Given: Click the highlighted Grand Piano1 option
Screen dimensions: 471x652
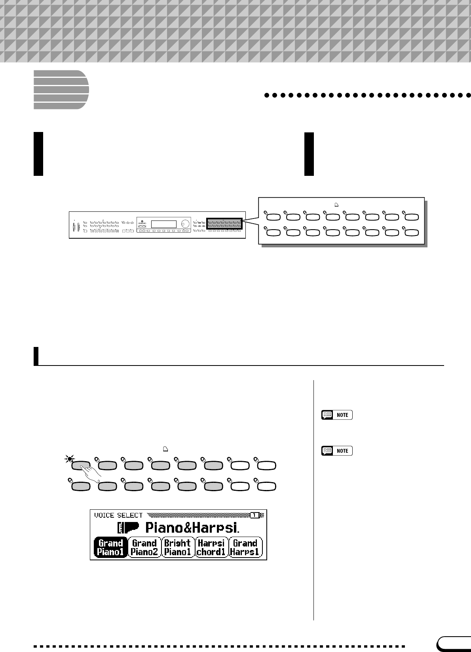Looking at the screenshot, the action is pyautogui.click(x=111, y=547).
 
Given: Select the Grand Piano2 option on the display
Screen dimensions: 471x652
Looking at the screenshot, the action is pyautogui.click(x=144, y=547).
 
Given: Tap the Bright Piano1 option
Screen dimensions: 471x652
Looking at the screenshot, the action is pyautogui.click(x=178, y=547).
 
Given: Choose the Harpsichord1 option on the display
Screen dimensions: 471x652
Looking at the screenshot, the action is pyautogui.click(x=211, y=547).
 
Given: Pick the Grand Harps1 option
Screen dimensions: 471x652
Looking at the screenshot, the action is pyautogui.click(x=245, y=547).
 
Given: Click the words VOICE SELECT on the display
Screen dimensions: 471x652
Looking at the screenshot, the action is pyautogui.click(x=118, y=515).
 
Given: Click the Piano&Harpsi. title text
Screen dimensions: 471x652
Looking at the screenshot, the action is pyautogui.click(x=192, y=528).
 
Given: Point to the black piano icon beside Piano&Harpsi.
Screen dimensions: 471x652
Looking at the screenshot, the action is pyautogui.click(x=129, y=528).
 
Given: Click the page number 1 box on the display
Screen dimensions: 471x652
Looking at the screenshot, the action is pyautogui.click(x=255, y=515).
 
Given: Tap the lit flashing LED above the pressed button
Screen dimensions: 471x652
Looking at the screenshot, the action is pyautogui.click(x=70, y=459).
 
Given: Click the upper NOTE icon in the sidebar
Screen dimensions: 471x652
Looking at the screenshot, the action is pyautogui.click(x=337, y=415).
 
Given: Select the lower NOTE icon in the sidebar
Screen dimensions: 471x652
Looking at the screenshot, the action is pyautogui.click(x=337, y=451).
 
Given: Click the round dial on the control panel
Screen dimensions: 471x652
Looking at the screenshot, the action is pyautogui.click(x=185, y=224).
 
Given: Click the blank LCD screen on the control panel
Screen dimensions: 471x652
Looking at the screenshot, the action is pyautogui.click(x=163, y=224).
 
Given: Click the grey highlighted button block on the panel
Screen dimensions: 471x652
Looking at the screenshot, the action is pyautogui.click(x=224, y=223).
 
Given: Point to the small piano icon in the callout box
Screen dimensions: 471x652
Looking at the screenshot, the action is pyautogui.click(x=336, y=205).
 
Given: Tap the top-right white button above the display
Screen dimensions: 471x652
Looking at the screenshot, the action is pyautogui.click(x=267, y=465).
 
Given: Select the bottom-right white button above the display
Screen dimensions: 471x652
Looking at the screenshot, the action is pyautogui.click(x=267, y=487).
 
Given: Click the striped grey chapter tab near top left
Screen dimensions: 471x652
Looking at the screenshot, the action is pyautogui.click(x=61, y=90).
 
